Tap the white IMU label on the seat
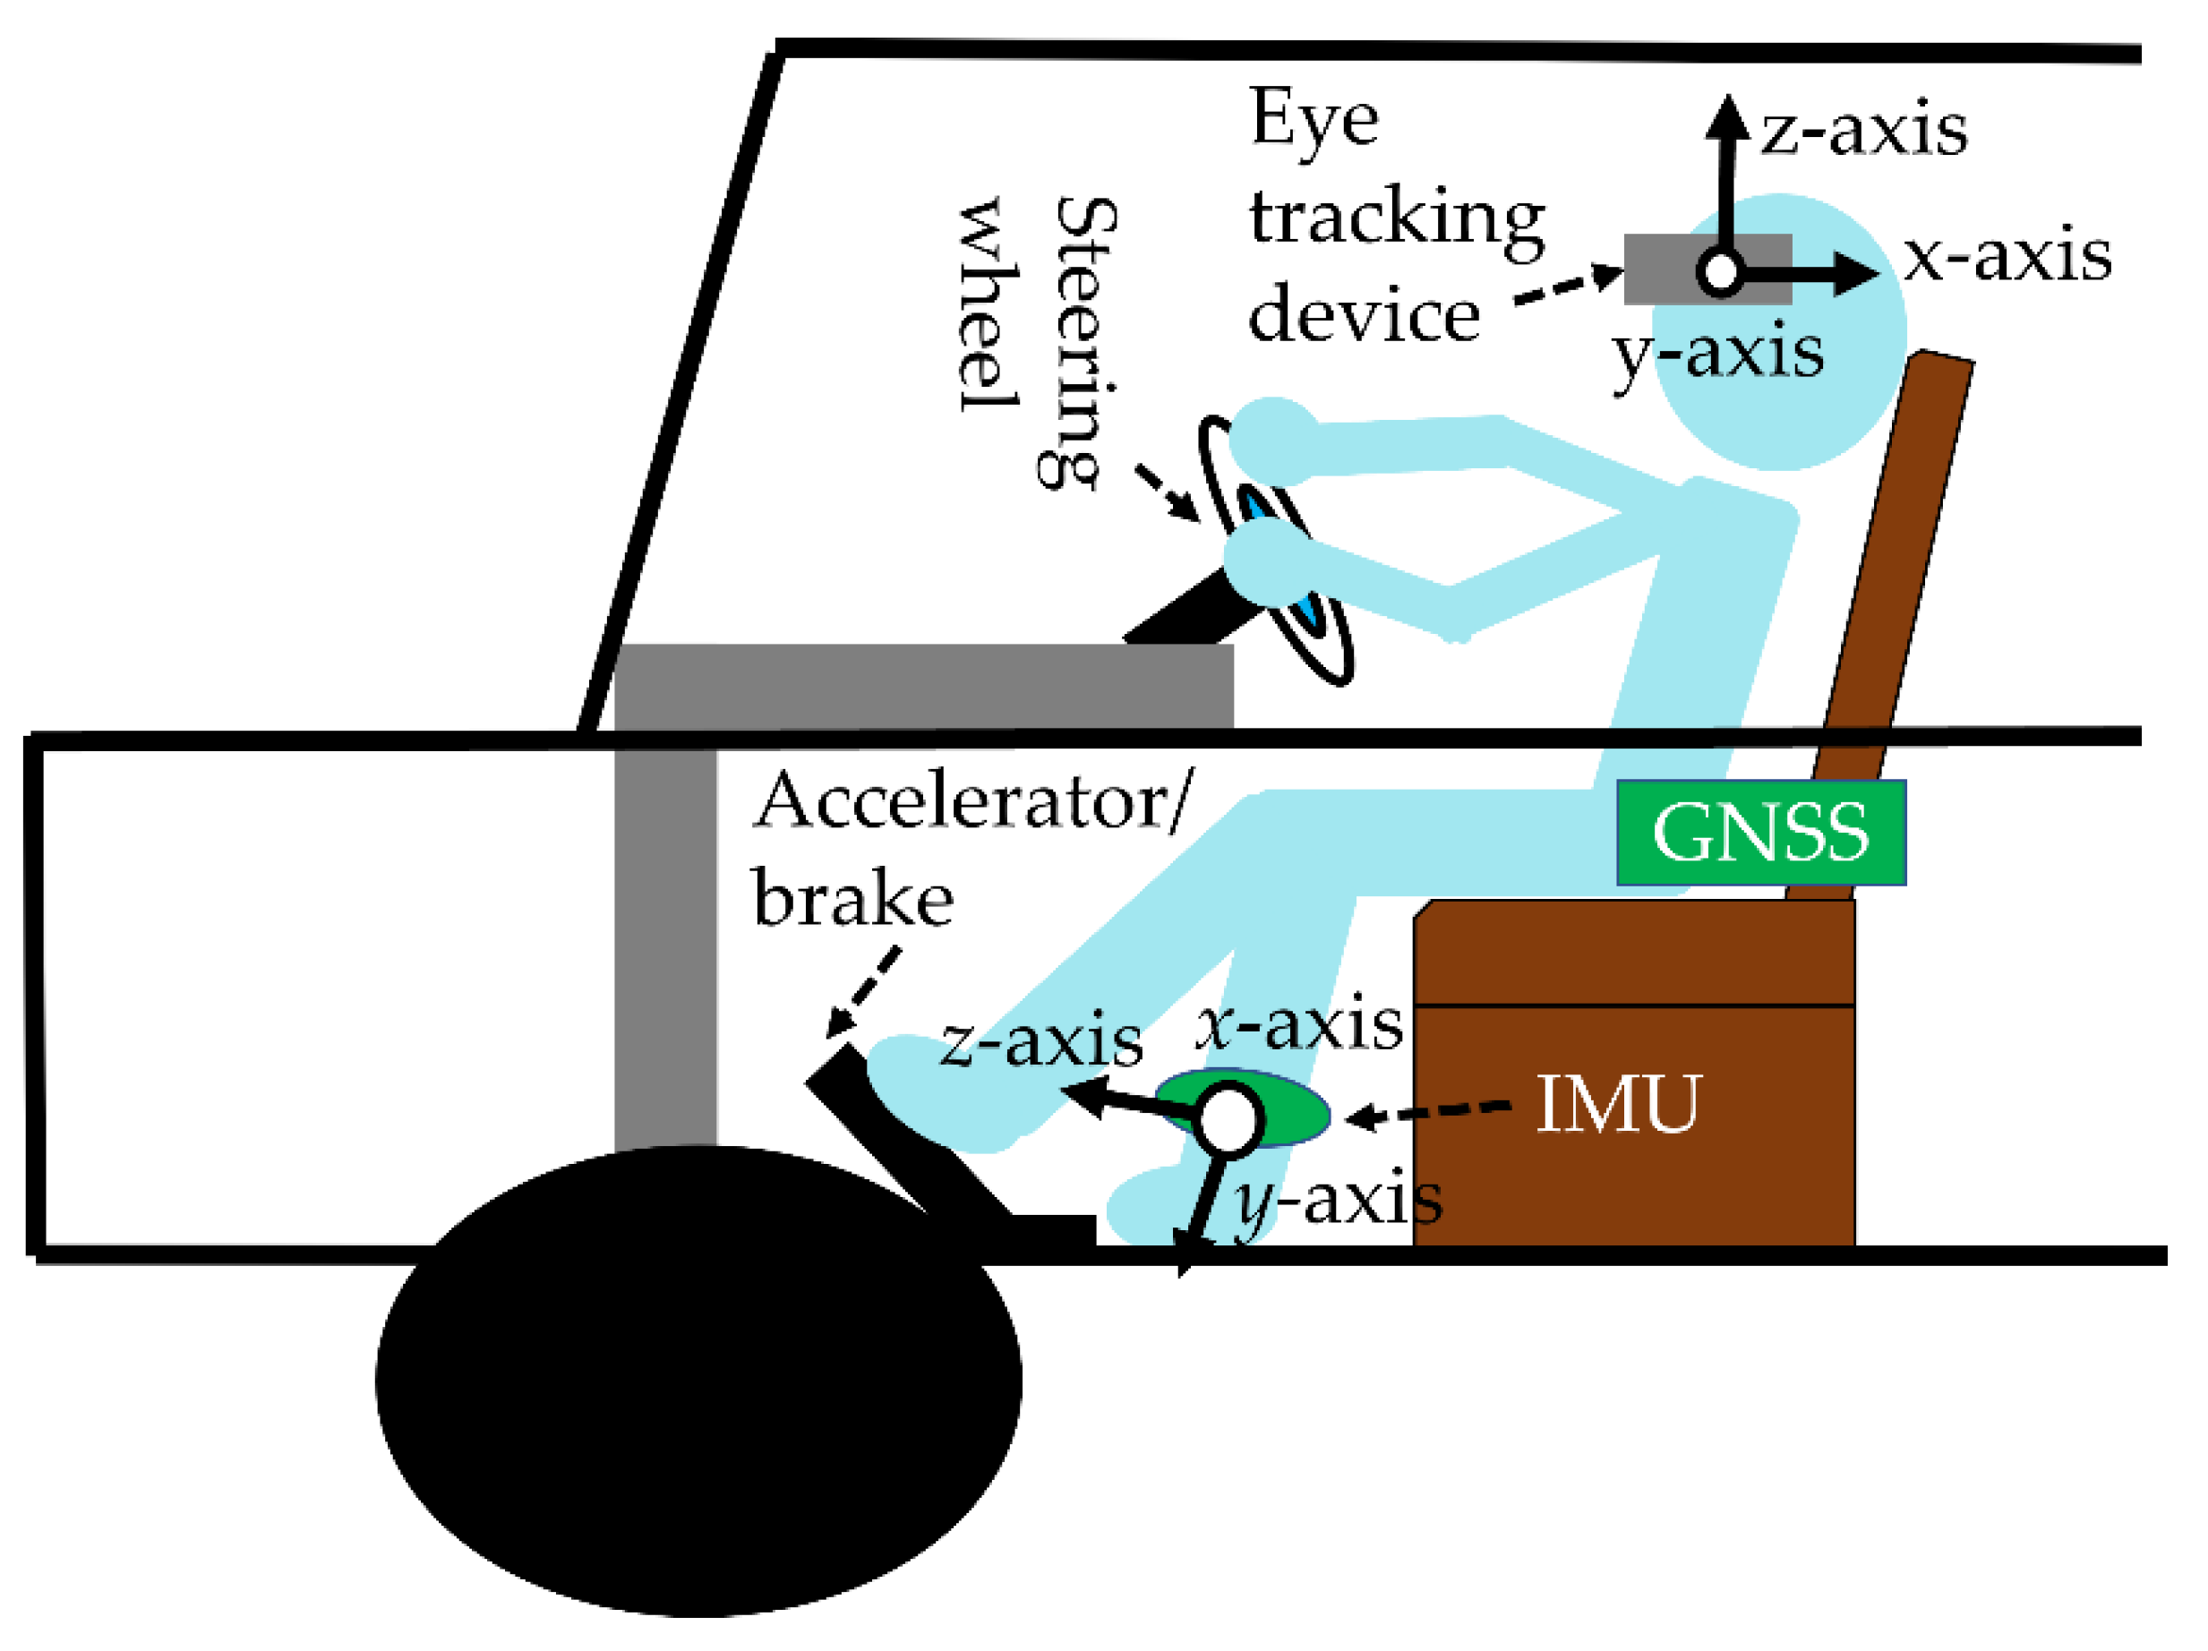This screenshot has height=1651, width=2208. click(x=1617, y=1104)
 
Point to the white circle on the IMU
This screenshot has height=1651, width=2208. click(x=1228, y=1119)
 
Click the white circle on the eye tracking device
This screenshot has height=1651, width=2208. click(x=1720, y=270)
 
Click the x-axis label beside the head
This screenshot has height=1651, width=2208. click(x=2007, y=258)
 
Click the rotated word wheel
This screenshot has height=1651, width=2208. click(x=988, y=304)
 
